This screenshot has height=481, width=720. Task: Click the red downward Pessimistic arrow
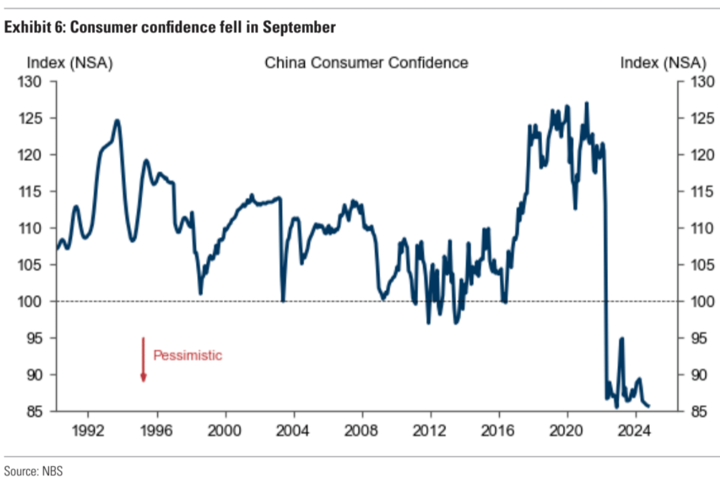click(x=143, y=359)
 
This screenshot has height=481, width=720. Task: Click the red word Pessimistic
click(x=188, y=355)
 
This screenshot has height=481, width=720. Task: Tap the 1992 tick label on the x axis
click(x=88, y=433)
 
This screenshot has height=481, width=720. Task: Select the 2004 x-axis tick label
click(x=294, y=433)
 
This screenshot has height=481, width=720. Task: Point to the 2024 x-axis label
click(x=636, y=433)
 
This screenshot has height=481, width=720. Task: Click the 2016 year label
click(x=499, y=433)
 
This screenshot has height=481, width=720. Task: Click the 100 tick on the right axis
click(x=693, y=302)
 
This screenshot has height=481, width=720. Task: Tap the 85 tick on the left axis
click(x=40, y=412)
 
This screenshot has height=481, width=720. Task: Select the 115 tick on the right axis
click(x=693, y=192)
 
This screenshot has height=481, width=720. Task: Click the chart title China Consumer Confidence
click(x=366, y=62)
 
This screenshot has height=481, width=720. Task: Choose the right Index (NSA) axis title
click(x=663, y=62)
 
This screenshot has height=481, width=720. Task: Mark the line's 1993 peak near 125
click(x=117, y=120)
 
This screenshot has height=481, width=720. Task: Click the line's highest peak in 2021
click(x=586, y=103)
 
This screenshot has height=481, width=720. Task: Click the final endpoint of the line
click(x=649, y=406)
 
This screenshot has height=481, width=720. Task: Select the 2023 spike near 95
click(x=621, y=339)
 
